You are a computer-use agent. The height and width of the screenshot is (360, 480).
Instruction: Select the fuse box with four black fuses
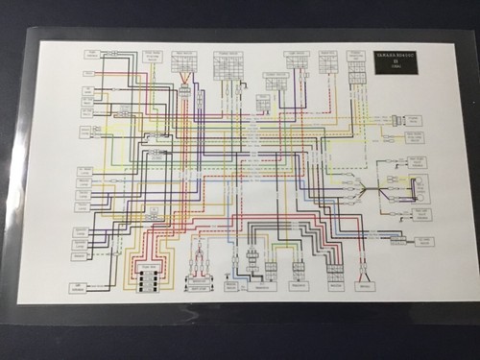point(149,279)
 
